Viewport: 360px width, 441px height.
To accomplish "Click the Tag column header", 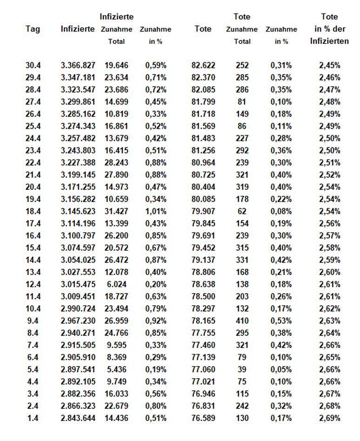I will pos(33,29).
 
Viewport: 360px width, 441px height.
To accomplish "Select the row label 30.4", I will pos(33,65).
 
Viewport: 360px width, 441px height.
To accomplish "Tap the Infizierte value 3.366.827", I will pos(78,65).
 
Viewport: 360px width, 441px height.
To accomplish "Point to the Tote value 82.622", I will pos(203,65).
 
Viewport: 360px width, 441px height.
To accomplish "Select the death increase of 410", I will pos(242,321).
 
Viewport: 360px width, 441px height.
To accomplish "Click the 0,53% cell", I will pos(281,321).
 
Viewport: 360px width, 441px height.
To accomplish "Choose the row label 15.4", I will pos(33,247).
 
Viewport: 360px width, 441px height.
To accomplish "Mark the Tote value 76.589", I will pos(203,418).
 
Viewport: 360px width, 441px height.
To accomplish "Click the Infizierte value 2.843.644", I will pos(78,418).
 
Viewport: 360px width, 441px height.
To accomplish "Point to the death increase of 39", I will pos(242,369).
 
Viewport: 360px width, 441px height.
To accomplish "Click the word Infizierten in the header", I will pos(330,41).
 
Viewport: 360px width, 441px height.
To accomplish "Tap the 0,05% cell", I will pos(281,369).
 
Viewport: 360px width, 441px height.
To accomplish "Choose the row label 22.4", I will pos(33,162).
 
